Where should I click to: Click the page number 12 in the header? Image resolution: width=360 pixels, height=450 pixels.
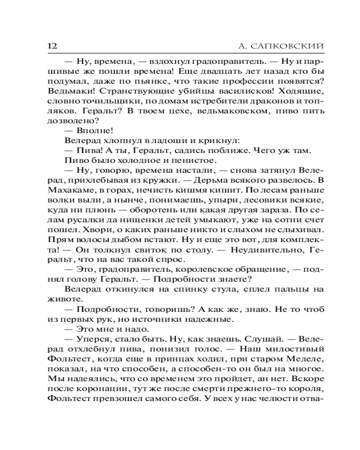(50, 46)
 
